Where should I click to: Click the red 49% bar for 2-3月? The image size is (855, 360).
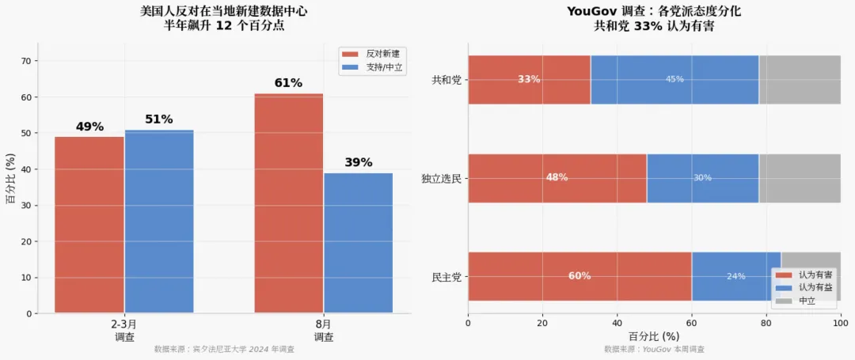click(89, 225)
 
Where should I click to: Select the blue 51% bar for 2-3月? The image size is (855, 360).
click(159, 221)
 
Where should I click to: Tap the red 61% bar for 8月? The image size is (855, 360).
click(289, 203)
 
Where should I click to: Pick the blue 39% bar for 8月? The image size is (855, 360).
click(359, 243)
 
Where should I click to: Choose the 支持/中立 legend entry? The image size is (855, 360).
click(374, 67)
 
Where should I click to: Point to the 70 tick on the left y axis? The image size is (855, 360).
click(26, 61)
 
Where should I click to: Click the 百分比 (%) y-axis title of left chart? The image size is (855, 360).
click(10, 178)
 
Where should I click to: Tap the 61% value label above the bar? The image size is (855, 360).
click(288, 83)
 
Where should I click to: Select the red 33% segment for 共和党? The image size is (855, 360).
click(529, 79)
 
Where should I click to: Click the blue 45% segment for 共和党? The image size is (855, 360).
click(674, 79)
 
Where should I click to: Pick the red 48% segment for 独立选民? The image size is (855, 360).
click(557, 178)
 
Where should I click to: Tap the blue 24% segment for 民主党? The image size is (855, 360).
click(736, 276)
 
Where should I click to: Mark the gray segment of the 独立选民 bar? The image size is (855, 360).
click(800, 178)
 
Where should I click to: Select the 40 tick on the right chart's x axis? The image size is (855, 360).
click(617, 323)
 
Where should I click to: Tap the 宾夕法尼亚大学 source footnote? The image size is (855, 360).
click(224, 349)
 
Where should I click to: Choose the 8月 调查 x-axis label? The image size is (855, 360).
click(323, 331)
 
